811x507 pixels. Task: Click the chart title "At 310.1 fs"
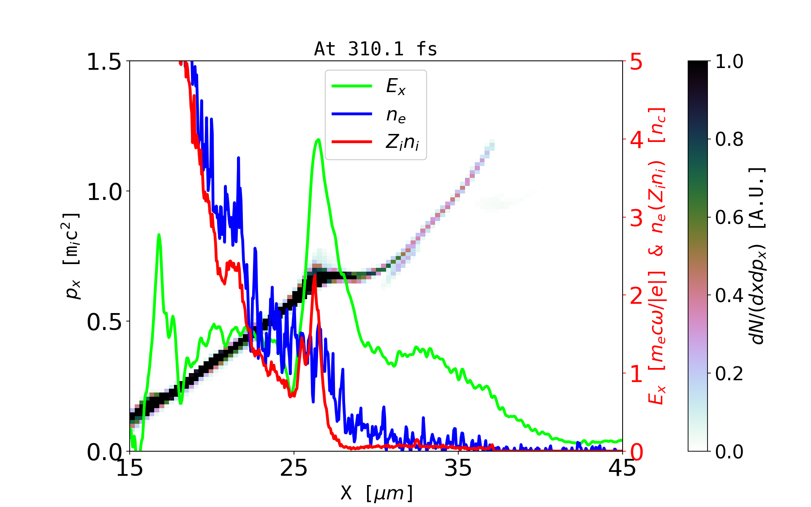pos(376,49)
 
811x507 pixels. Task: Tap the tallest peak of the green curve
pos(318,140)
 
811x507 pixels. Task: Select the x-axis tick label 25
pos(294,469)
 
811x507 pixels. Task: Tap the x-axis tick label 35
pos(458,469)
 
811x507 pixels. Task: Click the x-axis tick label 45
pos(623,469)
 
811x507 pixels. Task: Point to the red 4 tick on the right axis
pos(637,139)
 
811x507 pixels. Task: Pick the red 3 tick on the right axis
pos(637,218)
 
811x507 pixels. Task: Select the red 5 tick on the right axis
pos(637,62)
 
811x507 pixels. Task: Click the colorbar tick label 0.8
pos(729,139)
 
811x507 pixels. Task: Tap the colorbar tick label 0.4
pos(729,295)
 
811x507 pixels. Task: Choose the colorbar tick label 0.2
pos(729,373)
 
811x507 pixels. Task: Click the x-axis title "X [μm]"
pos(376,493)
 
